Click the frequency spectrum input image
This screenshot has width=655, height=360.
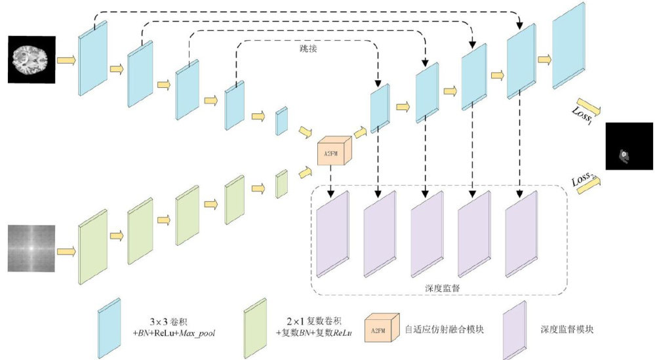point(30,249)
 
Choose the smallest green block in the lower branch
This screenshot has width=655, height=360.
point(282,184)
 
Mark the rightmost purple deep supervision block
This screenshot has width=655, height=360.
point(521,234)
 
